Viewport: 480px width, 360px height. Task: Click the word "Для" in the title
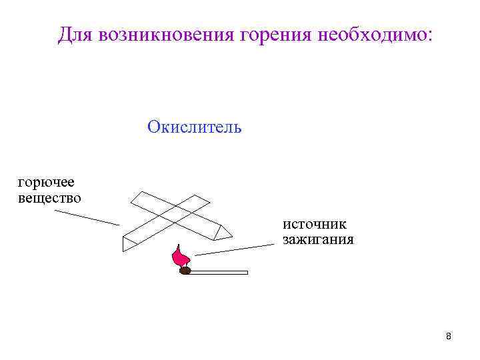coord(75,35)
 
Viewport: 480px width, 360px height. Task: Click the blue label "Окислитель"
coord(195,127)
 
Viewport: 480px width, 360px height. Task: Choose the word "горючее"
coord(46,182)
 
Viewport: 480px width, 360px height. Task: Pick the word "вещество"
coord(49,197)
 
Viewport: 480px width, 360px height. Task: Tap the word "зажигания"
coord(319,239)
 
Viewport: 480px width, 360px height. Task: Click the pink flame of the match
coord(179,257)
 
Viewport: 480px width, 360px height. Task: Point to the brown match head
coord(185,271)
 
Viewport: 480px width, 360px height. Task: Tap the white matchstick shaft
coord(220,272)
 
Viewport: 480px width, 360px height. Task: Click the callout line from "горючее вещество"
coord(86,217)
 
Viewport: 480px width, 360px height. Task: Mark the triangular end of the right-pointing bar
coord(225,231)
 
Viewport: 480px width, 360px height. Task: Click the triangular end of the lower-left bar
coord(128,243)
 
